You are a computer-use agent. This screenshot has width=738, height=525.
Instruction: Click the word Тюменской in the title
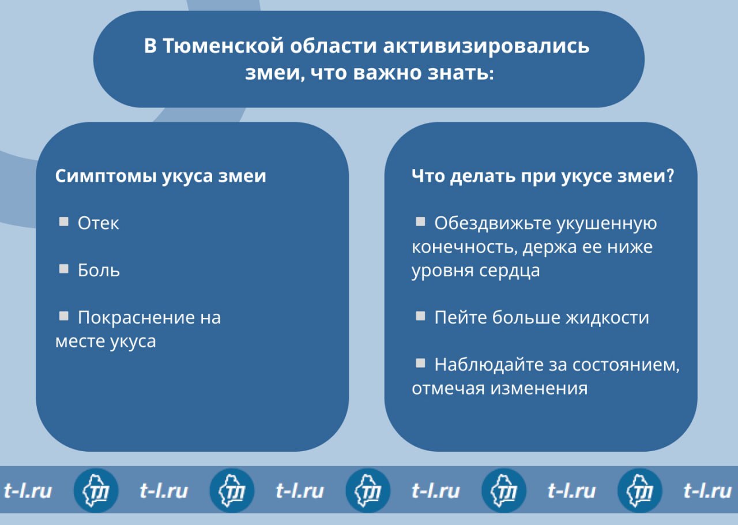[x=223, y=46]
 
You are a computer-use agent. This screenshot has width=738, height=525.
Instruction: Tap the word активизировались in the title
[x=486, y=46]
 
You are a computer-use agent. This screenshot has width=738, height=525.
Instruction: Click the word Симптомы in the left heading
[x=106, y=176]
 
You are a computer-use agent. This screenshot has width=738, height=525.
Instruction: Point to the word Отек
[x=98, y=223]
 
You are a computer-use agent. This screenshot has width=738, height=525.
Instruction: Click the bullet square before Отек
[x=63, y=222]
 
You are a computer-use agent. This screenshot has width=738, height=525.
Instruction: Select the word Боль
[x=99, y=270]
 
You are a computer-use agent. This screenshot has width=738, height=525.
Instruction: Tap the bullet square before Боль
[x=63, y=268]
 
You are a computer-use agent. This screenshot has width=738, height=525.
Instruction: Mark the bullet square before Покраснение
[x=63, y=316]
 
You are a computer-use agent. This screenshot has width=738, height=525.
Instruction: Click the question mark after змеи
[x=670, y=175]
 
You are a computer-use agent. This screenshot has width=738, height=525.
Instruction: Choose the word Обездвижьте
[x=493, y=223]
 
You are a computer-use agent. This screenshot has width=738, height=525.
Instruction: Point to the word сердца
[x=509, y=271]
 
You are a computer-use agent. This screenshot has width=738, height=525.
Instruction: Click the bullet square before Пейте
[x=420, y=316]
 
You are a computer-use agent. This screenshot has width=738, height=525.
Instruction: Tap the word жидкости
[x=608, y=317]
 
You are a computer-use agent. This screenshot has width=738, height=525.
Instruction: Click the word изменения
[x=539, y=388]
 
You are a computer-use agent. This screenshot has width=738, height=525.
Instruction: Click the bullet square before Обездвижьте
[x=420, y=222]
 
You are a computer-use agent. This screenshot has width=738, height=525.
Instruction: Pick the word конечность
[x=465, y=247]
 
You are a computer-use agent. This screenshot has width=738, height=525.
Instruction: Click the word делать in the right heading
[x=483, y=176]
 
